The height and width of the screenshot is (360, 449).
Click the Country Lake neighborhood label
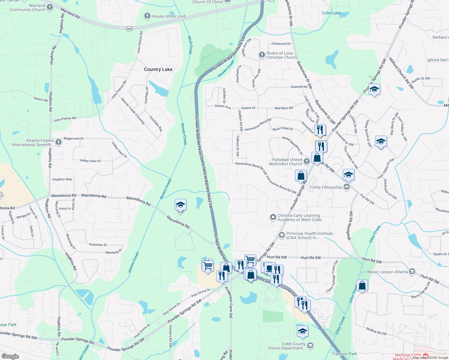158,69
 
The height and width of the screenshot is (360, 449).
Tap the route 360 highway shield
129,29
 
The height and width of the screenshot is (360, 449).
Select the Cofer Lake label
331,13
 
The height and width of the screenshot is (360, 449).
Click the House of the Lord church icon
147,16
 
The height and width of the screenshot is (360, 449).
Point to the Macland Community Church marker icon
50,7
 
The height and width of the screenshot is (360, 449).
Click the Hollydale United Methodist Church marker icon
306,161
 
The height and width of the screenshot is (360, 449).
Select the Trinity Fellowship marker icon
347,187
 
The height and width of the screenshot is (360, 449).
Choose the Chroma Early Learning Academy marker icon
273,217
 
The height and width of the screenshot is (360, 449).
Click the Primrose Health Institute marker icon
282,235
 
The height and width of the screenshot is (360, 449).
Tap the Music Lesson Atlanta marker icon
412,272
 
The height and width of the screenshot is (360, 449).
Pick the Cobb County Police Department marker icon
310,346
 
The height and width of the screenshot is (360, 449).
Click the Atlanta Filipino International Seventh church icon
59,142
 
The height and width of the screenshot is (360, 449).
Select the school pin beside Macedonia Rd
180,205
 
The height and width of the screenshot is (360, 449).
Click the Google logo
10,356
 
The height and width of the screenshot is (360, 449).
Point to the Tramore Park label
344,354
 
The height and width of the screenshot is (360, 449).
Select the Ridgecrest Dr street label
74,139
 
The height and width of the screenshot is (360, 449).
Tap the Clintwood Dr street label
281,44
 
